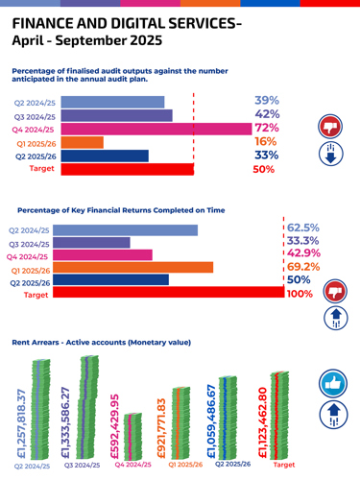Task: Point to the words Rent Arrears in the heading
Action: (x=35, y=342)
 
